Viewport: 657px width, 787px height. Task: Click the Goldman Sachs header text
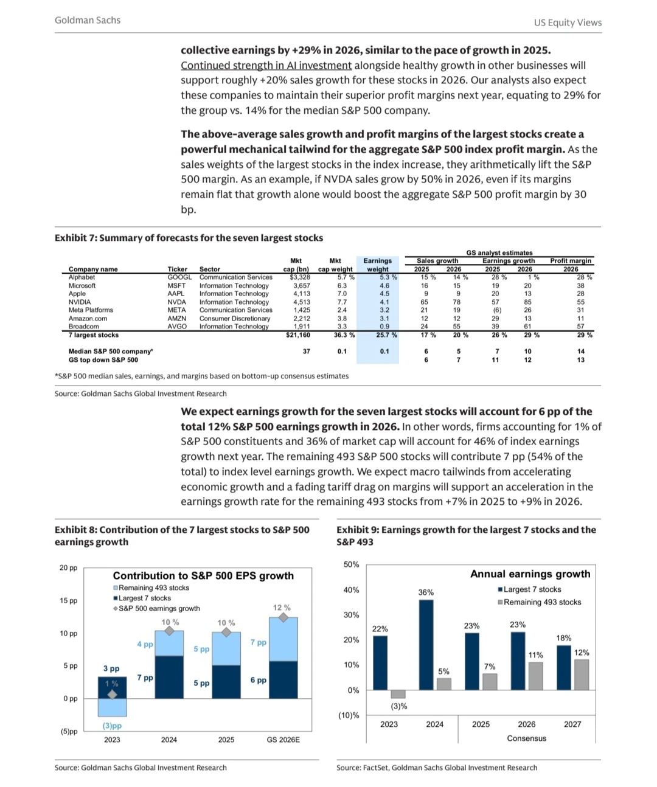(88, 20)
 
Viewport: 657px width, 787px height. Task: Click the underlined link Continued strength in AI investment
(266, 65)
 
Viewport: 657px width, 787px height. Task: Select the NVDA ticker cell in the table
(177, 302)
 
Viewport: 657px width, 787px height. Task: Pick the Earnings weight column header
(377, 265)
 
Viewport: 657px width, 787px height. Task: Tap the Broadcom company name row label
(83, 327)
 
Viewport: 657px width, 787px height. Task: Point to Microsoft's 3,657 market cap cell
(302, 285)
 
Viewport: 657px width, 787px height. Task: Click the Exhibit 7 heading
(189, 238)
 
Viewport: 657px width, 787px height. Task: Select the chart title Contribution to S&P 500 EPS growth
(203, 575)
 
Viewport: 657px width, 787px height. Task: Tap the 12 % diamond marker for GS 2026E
(283, 617)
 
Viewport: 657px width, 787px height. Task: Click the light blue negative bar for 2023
(112, 707)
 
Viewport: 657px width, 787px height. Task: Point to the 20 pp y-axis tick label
(68, 568)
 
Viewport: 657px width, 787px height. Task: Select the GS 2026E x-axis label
(283, 740)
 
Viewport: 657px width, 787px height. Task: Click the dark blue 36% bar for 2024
(426, 645)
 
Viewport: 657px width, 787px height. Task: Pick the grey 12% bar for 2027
(582, 674)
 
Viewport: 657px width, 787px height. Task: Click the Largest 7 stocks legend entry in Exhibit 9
(532, 589)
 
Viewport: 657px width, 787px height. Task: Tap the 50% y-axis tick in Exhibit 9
(351, 564)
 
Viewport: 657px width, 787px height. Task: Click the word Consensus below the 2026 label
(526, 738)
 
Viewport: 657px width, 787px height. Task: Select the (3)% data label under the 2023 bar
(398, 706)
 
